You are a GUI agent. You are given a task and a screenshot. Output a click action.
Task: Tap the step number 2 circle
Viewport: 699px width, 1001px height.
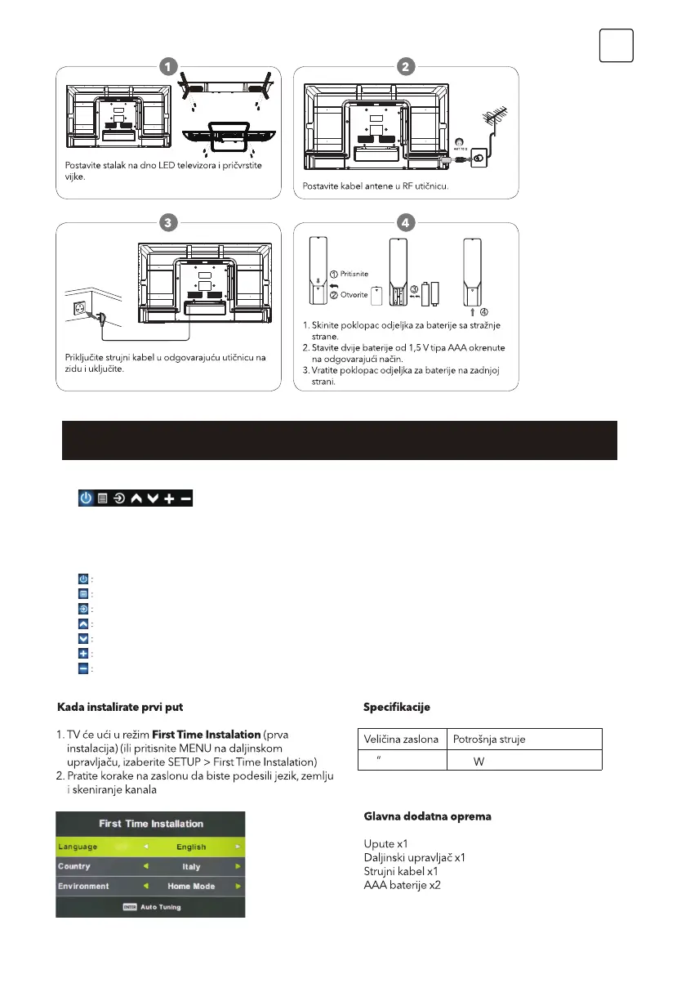pyautogui.click(x=406, y=66)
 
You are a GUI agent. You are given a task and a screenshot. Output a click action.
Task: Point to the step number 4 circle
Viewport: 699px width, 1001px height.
pyautogui.click(x=406, y=222)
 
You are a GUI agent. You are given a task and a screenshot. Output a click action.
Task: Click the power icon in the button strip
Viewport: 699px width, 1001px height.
pyautogui.click(x=86, y=497)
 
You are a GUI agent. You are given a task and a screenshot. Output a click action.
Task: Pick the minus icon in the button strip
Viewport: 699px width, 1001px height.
pyautogui.click(x=186, y=497)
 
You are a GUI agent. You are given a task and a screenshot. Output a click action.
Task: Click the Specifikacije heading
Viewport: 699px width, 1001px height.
pyautogui.click(x=396, y=707)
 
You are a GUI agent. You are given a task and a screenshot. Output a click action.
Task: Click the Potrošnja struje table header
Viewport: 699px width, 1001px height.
pyautogui.click(x=490, y=739)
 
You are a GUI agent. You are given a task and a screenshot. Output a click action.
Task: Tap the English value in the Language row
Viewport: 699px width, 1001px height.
pyautogui.click(x=187, y=847)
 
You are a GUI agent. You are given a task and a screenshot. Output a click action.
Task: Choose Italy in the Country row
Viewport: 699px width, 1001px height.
pyautogui.click(x=190, y=866)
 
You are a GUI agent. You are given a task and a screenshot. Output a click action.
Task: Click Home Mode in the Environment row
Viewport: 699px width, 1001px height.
pyautogui.click(x=189, y=886)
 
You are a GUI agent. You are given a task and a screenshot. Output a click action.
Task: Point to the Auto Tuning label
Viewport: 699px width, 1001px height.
pyautogui.click(x=160, y=907)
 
